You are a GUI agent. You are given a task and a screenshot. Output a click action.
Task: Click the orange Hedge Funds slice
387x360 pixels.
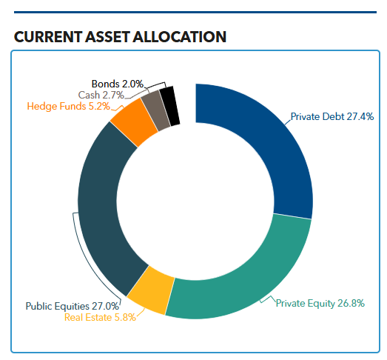click(x=134, y=122)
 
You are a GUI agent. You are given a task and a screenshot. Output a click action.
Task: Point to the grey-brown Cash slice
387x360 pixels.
click(x=155, y=109)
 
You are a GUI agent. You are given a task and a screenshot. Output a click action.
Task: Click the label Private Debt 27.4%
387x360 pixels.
click(x=332, y=116)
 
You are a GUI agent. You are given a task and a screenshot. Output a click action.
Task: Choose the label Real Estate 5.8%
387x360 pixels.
click(x=100, y=318)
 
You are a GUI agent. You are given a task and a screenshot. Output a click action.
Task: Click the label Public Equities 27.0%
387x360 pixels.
click(x=73, y=305)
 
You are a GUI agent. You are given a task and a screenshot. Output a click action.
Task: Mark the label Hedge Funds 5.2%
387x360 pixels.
click(x=68, y=106)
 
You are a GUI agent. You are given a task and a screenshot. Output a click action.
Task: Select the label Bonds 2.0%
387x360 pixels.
click(x=117, y=84)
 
